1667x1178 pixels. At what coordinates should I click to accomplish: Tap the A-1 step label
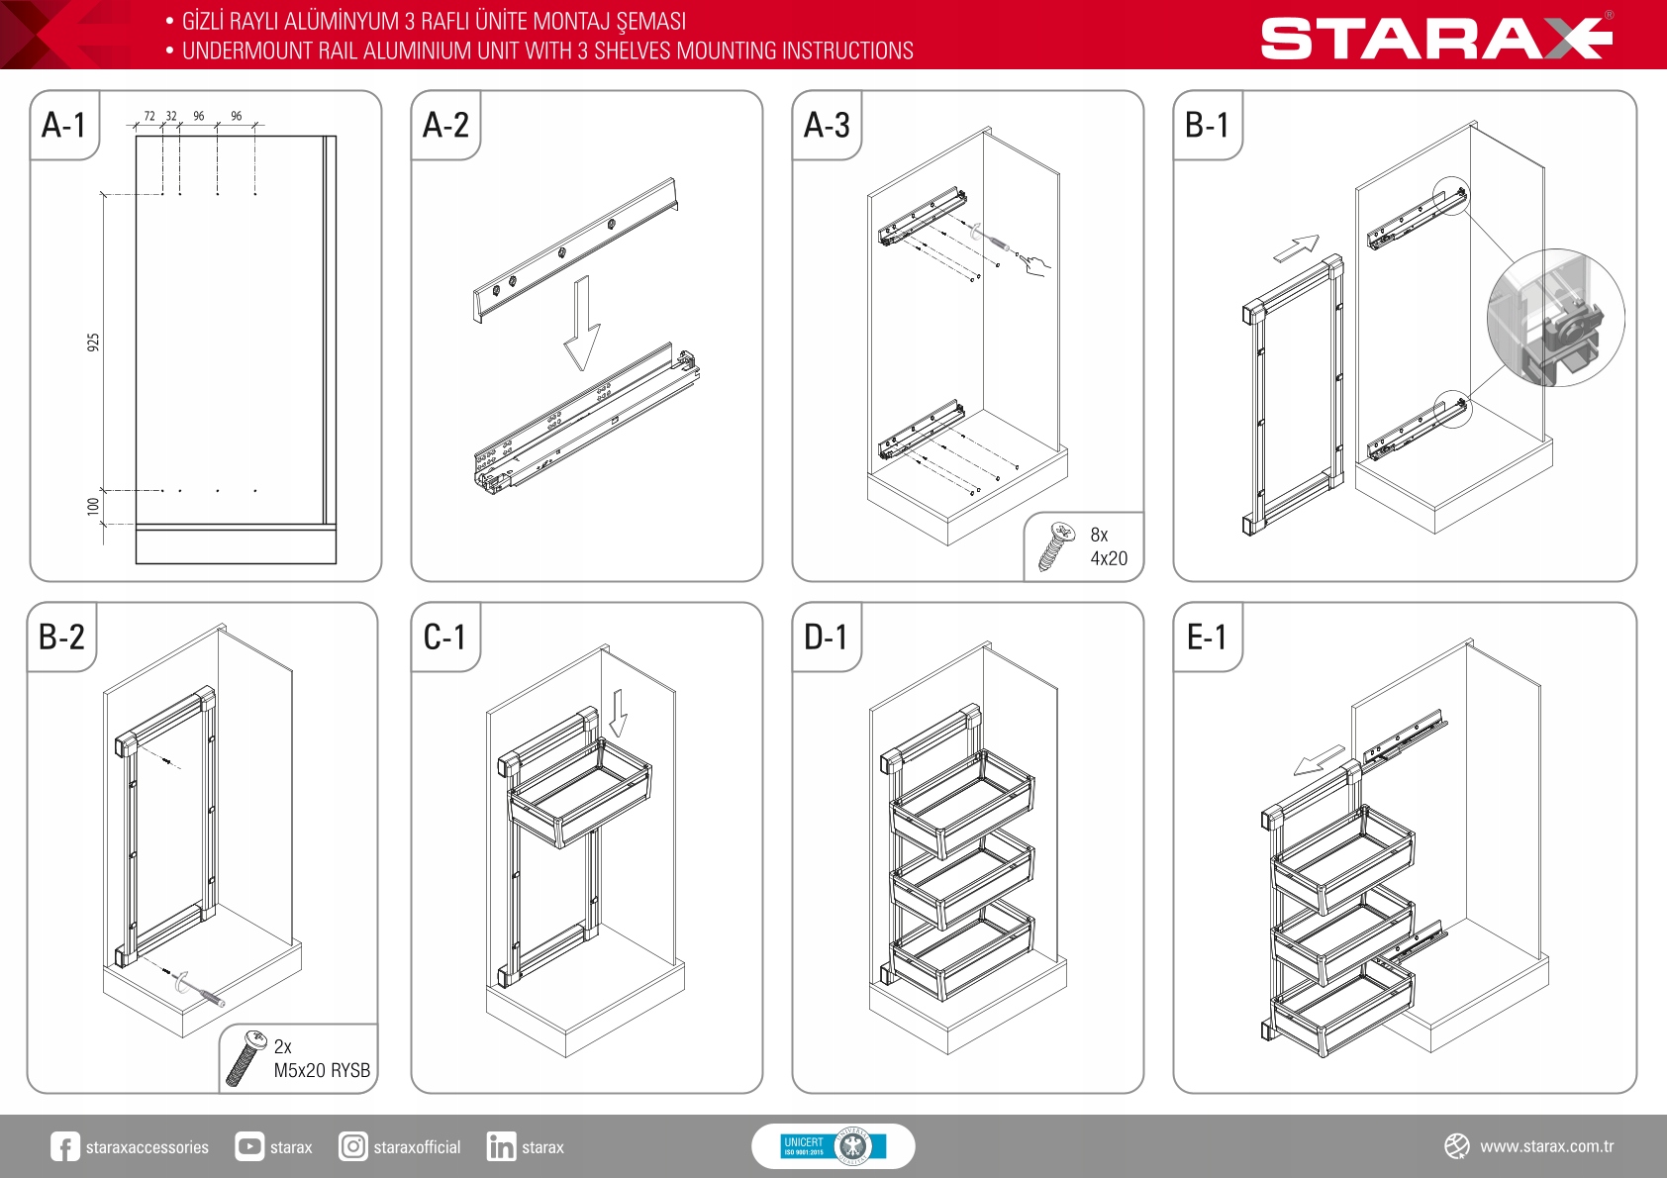tap(63, 125)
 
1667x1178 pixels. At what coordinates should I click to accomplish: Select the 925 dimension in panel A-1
tap(93, 343)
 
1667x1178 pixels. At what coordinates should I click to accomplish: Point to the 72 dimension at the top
tap(149, 116)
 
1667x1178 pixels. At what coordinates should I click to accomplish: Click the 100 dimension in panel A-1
tap(93, 507)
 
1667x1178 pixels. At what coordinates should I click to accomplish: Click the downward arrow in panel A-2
tap(582, 323)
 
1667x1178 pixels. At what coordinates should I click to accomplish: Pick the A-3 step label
tap(826, 125)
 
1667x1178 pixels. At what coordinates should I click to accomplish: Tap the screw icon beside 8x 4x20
tap(1056, 546)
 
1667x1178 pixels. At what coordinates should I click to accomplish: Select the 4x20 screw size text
tap(1109, 558)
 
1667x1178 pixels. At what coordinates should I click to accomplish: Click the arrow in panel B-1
tap(1297, 247)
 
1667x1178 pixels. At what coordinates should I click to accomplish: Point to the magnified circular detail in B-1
tap(1555, 318)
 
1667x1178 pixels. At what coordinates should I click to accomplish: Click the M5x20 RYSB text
tap(322, 1070)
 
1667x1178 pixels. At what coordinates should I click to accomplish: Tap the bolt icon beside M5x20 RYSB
tap(246, 1057)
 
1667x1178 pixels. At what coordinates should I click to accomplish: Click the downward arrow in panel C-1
tap(619, 713)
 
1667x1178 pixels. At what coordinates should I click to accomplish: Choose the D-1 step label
tap(826, 637)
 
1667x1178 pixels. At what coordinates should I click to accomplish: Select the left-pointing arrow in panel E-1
tap(1320, 760)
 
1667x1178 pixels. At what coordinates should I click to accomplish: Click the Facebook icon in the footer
tap(64, 1146)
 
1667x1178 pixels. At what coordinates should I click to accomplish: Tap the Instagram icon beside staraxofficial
tap(352, 1146)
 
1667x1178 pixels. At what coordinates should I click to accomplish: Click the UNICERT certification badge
tap(833, 1146)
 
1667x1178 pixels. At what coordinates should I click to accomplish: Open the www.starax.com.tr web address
tap(1546, 1146)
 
